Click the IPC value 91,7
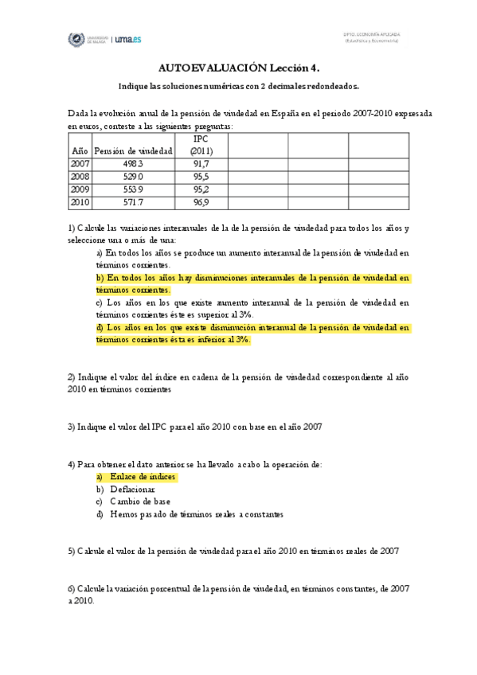click(x=201, y=162)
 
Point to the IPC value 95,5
click(x=201, y=176)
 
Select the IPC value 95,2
click(x=201, y=189)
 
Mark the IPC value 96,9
click(x=201, y=203)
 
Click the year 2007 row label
click(x=80, y=162)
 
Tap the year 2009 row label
click(x=80, y=189)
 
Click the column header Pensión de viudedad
click(x=133, y=150)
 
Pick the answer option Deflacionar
click(x=132, y=489)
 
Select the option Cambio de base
click(x=140, y=501)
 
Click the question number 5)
click(x=72, y=550)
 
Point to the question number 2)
click(x=72, y=377)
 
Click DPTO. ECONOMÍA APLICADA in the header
click(x=371, y=35)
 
